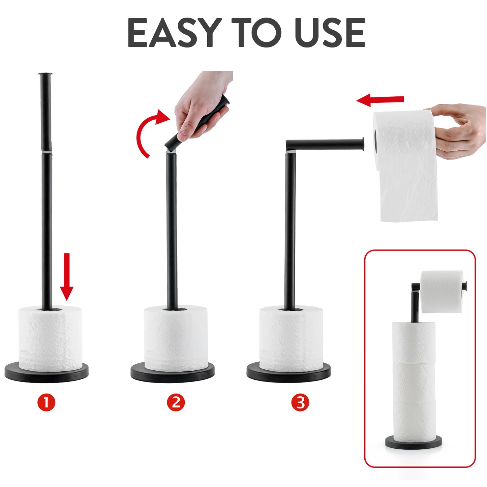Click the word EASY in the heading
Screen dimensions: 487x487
click(x=173, y=33)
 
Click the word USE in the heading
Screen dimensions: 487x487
click(x=330, y=33)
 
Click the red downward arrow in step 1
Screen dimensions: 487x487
click(x=66, y=277)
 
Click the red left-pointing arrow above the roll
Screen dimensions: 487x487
click(x=380, y=100)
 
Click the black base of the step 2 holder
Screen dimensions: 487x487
click(x=173, y=373)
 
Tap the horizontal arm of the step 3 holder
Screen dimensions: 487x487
click(x=325, y=145)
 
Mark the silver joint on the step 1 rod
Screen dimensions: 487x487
click(x=47, y=152)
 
